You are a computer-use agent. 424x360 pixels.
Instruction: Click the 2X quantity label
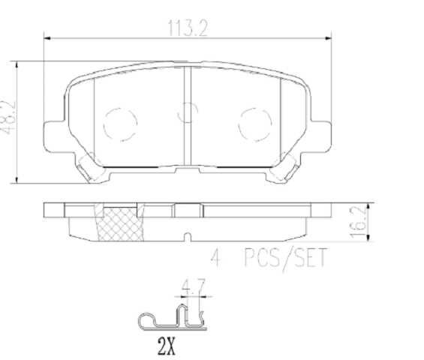point(166,346)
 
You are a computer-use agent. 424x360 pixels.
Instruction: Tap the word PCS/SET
point(285,259)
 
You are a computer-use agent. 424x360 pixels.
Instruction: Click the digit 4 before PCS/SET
point(215,259)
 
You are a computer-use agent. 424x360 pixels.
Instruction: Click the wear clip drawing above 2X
point(173,316)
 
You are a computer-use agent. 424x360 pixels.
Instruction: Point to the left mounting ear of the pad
point(54,135)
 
